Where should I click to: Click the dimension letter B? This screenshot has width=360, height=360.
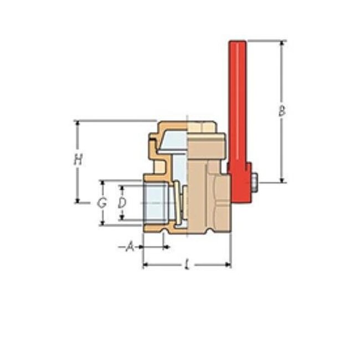point(281,111)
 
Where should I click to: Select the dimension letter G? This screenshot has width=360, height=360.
point(102,203)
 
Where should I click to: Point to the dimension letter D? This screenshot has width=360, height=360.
point(122,202)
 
